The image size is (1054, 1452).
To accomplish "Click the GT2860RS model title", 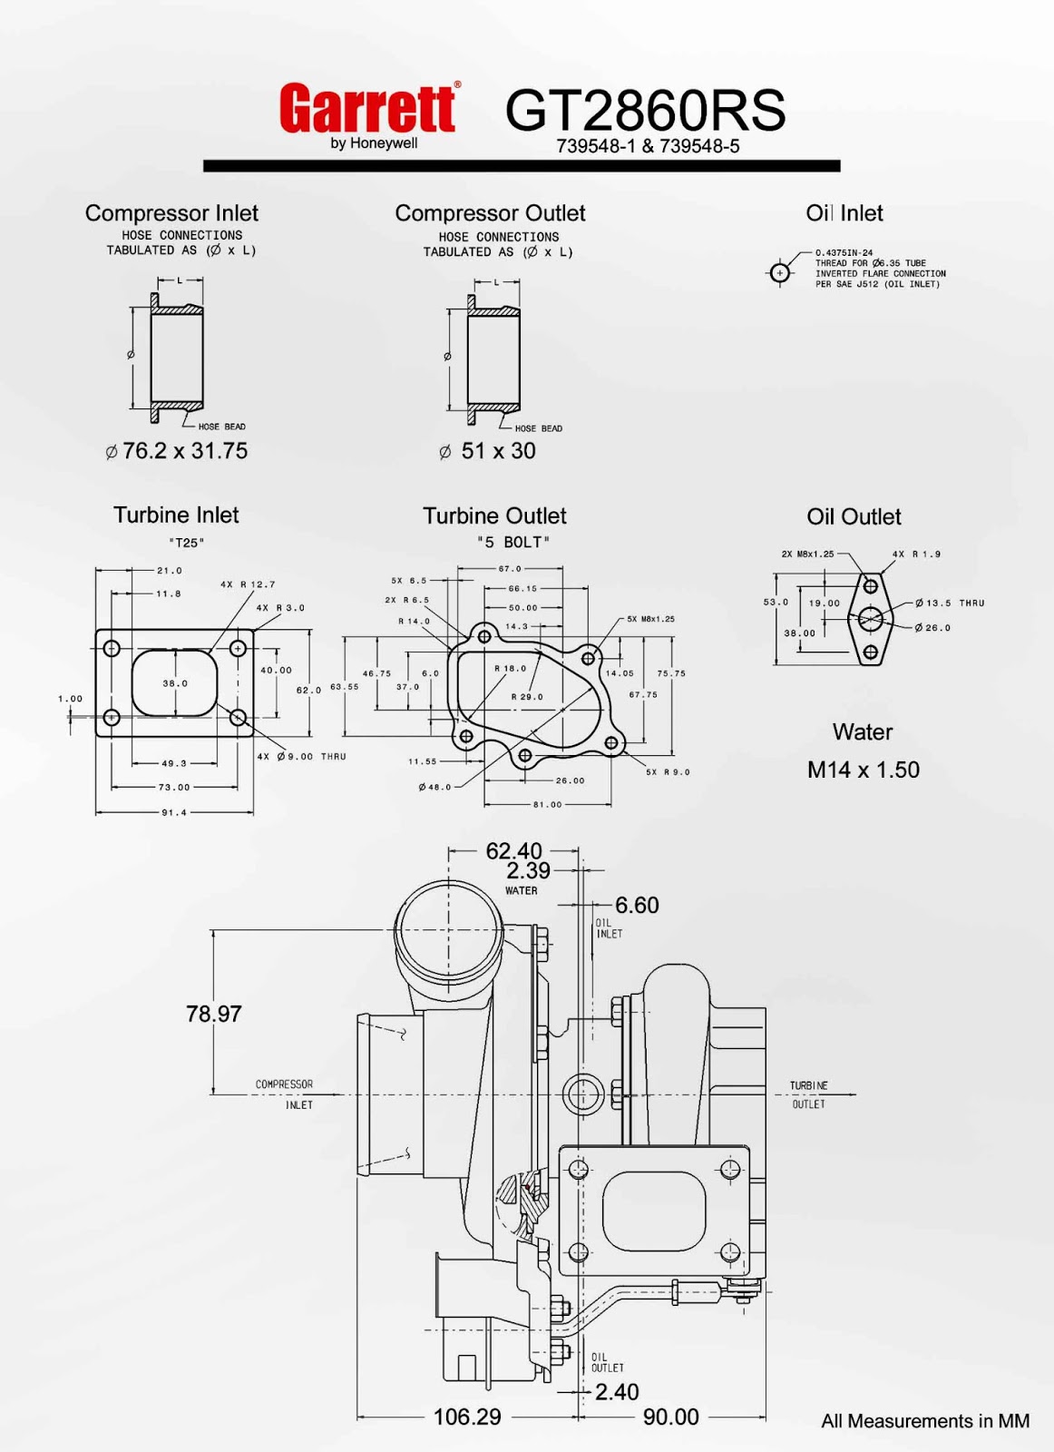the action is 645,110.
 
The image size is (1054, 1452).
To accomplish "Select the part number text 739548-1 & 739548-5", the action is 647,146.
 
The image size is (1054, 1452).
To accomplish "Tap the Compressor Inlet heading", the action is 171,213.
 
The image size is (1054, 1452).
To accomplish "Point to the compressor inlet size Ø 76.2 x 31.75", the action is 176,451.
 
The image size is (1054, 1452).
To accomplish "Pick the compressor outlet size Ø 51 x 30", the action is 487,451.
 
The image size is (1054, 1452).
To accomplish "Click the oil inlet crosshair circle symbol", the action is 780,273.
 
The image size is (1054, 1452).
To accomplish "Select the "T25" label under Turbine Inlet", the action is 186,544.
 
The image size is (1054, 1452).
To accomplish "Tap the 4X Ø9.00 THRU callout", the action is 302,757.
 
